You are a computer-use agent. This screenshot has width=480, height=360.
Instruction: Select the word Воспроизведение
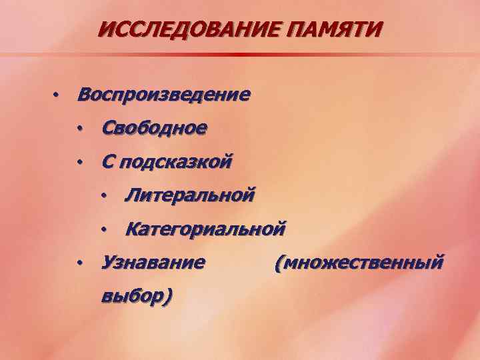click(x=163, y=94)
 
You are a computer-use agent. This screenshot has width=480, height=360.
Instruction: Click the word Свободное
click(x=153, y=127)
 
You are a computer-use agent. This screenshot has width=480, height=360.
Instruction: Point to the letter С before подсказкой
click(x=107, y=161)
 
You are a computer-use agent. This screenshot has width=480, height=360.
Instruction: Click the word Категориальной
click(x=205, y=230)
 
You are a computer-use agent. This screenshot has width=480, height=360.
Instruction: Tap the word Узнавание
click(x=153, y=262)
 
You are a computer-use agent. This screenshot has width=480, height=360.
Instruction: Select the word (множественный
click(x=358, y=263)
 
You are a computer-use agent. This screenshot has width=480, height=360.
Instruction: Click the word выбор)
click(x=136, y=295)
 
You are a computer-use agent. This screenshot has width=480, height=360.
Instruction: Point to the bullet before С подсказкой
click(x=79, y=161)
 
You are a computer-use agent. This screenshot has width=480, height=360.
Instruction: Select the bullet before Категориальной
click(x=103, y=229)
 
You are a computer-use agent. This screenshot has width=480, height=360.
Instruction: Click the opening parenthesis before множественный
click(x=277, y=263)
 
